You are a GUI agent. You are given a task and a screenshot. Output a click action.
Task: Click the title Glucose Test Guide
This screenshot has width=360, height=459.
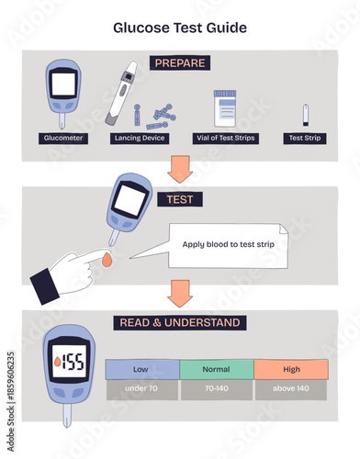click(180, 28)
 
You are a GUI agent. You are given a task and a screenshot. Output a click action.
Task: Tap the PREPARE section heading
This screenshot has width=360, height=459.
click(180, 63)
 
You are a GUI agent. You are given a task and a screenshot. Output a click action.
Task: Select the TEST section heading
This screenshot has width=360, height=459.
click(180, 197)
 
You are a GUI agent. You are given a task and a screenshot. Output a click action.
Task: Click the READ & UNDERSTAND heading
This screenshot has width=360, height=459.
click(180, 322)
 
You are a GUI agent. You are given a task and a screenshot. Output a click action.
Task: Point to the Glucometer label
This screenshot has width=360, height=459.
click(63, 138)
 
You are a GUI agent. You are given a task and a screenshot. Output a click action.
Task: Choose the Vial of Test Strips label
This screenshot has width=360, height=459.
click(225, 138)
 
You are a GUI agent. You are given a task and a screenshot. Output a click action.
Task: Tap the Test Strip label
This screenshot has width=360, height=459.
click(304, 138)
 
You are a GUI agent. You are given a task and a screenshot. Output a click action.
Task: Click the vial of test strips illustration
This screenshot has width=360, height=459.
click(226, 108)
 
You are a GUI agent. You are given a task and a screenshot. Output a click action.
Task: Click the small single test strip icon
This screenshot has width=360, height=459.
click(304, 115)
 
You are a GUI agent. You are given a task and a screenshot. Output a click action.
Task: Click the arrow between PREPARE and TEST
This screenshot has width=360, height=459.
click(180, 170)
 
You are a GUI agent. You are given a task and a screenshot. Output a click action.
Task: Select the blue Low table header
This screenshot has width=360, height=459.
click(141, 369)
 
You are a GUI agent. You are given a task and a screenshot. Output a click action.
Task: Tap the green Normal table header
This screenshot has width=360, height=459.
click(216, 369)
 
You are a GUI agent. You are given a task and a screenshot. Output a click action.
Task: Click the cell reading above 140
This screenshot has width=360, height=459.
click(290, 389)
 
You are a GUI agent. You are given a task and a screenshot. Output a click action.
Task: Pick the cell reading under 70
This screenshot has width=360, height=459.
click(141, 389)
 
